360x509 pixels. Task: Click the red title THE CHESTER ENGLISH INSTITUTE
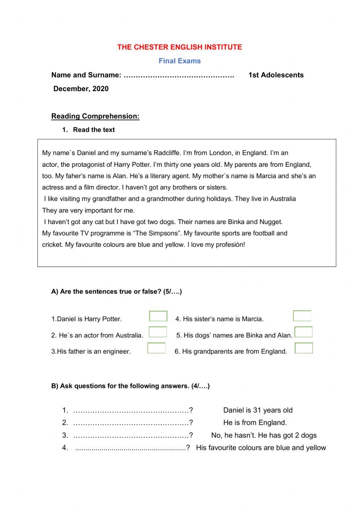click(x=180, y=47)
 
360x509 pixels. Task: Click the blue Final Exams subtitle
click(x=180, y=61)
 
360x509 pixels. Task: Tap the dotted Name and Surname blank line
click(x=179, y=75)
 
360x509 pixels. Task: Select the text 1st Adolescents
click(x=276, y=75)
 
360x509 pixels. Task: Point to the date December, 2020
click(x=81, y=89)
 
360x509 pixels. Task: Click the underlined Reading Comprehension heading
click(x=95, y=116)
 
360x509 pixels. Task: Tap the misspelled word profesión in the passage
click(x=229, y=245)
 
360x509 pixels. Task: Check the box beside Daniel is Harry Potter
click(x=158, y=316)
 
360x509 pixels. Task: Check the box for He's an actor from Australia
click(x=158, y=332)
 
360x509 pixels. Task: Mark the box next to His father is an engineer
click(x=156, y=348)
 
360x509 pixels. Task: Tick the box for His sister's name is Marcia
click(x=302, y=316)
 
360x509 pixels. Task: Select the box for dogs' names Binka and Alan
click(x=303, y=332)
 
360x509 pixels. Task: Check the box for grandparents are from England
click(x=304, y=348)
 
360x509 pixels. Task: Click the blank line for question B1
click(x=131, y=410)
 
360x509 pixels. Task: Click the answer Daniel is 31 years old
click(x=258, y=410)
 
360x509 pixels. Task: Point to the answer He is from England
click(x=255, y=423)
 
